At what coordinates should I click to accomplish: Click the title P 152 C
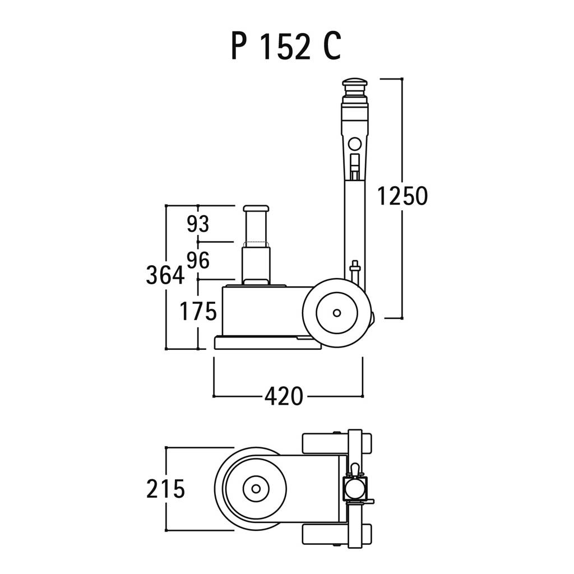[286, 45]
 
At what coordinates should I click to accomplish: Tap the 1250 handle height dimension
[402, 196]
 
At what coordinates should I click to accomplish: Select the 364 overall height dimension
[165, 275]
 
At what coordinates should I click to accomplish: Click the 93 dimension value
[198, 224]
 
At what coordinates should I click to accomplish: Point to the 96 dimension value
[198, 260]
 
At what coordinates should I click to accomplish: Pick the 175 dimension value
[198, 312]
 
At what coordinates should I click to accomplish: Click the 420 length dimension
[284, 396]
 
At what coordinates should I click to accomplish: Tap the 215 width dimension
[165, 489]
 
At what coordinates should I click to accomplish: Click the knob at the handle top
[355, 82]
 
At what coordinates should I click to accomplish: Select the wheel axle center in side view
[337, 313]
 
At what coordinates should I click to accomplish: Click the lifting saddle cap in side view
[256, 209]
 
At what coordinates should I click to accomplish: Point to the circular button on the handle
[355, 144]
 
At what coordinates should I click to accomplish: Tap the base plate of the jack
[268, 343]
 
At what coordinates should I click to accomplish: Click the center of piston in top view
[256, 489]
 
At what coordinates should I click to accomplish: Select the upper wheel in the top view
[337, 443]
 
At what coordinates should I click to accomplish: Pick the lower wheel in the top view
[337, 534]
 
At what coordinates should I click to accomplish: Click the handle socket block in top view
[355, 489]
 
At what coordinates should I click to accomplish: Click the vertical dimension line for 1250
[402, 198]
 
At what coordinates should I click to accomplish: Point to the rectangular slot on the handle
[355, 167]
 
